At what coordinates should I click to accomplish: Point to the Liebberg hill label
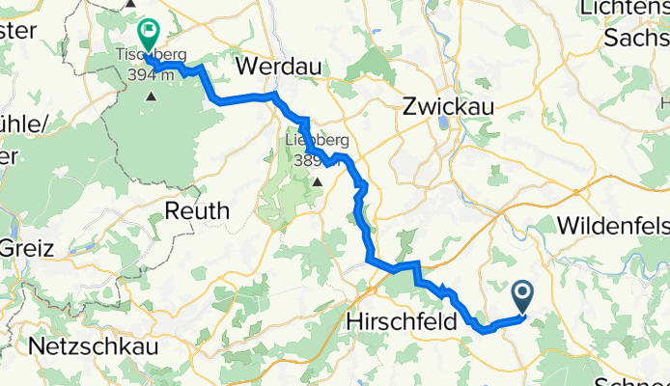(x=315, y=141)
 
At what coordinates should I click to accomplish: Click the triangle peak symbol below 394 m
(x=151, y=96)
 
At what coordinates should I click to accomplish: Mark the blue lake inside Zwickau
(x=444, y=122)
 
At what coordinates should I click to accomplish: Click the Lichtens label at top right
(x=626, y=9)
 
